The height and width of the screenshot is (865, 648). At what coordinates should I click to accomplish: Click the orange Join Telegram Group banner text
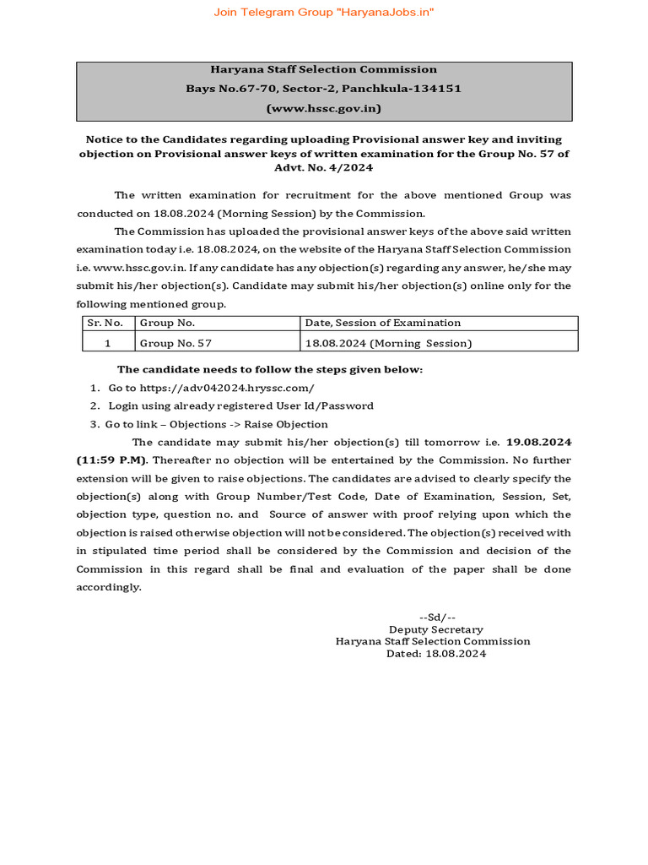[324, 12]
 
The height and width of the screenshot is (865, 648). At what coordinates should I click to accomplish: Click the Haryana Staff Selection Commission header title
[324, 69]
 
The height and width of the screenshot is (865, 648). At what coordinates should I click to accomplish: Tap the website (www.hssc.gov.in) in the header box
[324, 108]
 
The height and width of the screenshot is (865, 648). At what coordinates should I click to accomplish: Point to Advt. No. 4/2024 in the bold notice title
[324, 168]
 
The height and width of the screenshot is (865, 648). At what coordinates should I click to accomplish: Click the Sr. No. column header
[105, 323]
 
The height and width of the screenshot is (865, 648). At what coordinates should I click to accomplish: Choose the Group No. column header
[167, 323]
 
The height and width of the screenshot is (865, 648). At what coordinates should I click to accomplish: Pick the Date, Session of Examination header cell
[383, 323]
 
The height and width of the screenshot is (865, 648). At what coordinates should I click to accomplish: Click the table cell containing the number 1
[107, 343]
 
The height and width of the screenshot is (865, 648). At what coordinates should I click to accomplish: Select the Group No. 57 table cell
[175, 343]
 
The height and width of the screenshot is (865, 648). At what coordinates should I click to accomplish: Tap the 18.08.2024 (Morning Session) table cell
[388, 343]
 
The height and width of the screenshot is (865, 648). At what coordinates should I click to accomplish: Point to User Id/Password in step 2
[332, 406]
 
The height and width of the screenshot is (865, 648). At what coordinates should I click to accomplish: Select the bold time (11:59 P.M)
[111, 460]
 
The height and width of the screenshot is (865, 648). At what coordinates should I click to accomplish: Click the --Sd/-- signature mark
[437, 617]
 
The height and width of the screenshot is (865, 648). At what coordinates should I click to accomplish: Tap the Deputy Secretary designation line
[435, 629]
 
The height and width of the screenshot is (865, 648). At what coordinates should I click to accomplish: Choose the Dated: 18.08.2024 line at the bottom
[436, 653]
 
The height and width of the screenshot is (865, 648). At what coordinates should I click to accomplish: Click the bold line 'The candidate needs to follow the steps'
[270, 369]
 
